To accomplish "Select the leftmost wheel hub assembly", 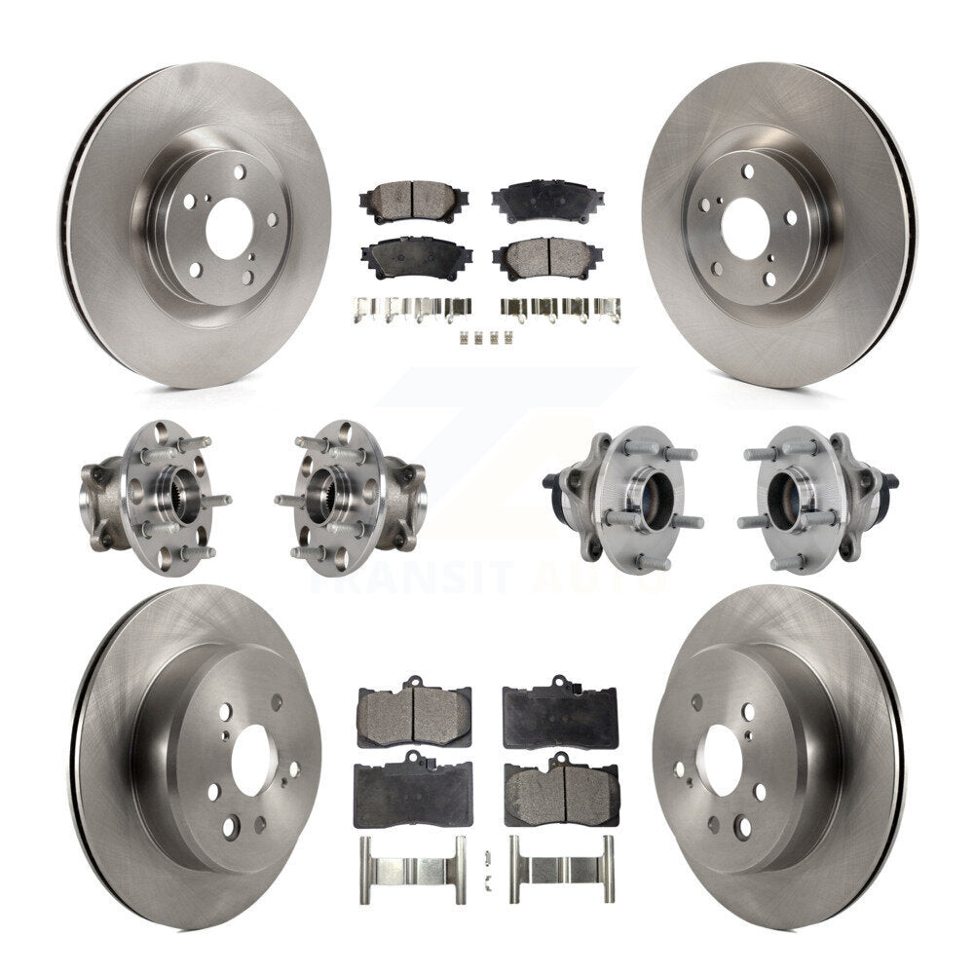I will (x=155, y=497).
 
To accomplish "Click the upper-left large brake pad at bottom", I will (x=414, y=714).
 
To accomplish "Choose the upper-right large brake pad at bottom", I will (x=558, y=714).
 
